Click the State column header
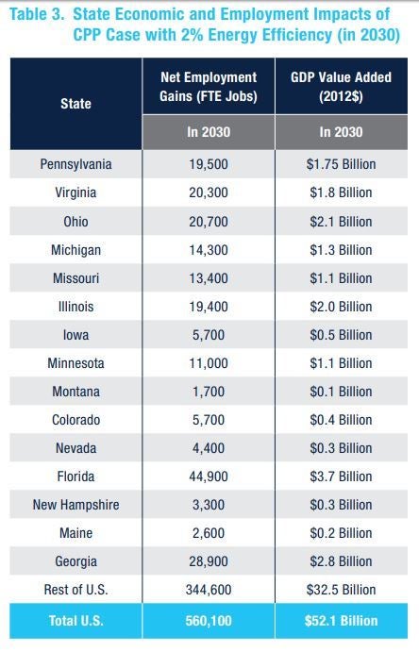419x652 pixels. [75, 104]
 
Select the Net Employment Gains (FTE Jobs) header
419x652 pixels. [209, 87]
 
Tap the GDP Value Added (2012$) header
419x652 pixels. [341, 87]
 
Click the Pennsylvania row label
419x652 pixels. [75, 164]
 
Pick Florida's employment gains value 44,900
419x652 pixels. [209, 476]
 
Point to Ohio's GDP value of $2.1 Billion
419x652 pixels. [341, 222]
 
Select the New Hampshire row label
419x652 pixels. [75, 505]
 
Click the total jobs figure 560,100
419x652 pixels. [209, 621]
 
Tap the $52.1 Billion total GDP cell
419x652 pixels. [341, 621]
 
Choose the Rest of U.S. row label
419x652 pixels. [75, 590]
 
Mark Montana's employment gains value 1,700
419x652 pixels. [209, 392]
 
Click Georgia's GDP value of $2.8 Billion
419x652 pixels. [341, 561]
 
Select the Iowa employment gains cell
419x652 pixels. [209, 335]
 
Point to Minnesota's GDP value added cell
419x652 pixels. [341, 363]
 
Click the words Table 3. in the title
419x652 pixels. [37, 14]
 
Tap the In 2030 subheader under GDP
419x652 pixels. [341, 132]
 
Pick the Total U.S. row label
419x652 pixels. [75, 621]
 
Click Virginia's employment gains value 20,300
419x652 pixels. [209, 192]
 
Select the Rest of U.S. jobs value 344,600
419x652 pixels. [209, 590]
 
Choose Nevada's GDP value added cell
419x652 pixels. [341, 448]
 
